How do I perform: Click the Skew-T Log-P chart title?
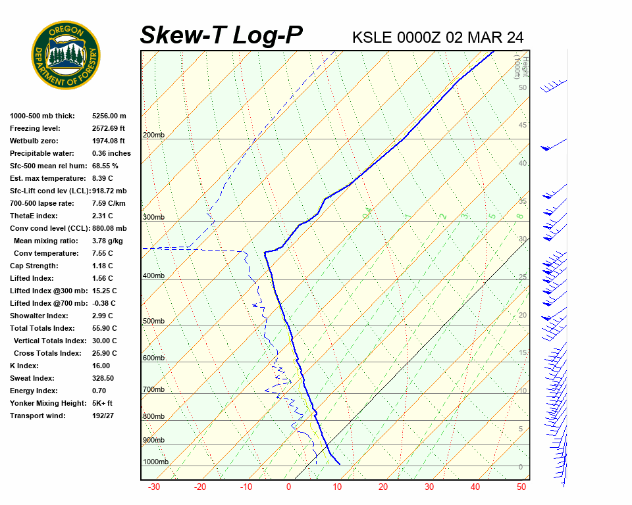[x=222, y=36]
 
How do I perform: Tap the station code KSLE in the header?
[x=373, y=37]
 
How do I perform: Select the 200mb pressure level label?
[x=153, y=135]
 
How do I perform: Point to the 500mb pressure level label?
[x=153, y=322]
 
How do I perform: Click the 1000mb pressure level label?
[x=155, y=462]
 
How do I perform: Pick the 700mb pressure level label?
[x=153, y=390]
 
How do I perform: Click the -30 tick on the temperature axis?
[x=154, y=487]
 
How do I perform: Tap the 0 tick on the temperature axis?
[x=288, y=487]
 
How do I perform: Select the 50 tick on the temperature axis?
[x=521, y=487]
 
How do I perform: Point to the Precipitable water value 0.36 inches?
[x=111, y=153]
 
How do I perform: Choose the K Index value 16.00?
[x=101, y=366]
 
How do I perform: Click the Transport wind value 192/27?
[x=103, y=416]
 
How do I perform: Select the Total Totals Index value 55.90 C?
[x=104, y=328]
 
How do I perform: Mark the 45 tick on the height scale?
[x=523, y=126]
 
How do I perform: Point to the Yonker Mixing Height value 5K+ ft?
[x=102, y=403]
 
